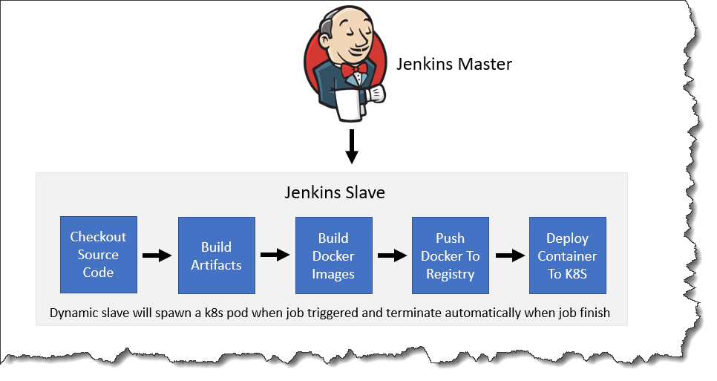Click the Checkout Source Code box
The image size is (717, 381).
(98, 255)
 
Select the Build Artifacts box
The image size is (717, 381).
(216, 255)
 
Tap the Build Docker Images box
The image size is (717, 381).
(333, 255)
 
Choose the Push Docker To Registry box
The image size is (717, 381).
(451, 255)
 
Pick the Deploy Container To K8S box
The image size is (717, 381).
(567, 255)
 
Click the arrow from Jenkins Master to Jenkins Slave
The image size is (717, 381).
(352, 147)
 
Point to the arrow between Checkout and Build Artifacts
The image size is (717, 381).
(157, 255)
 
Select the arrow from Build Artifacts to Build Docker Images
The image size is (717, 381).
(275, 255)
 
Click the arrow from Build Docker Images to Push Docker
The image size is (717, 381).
(392, 255)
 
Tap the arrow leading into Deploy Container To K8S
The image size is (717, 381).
(509, 255)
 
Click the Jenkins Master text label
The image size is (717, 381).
(454, 64)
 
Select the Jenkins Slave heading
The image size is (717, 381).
(335, 192)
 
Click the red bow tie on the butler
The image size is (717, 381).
(354, 70)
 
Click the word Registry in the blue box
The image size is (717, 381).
(451, 274)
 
